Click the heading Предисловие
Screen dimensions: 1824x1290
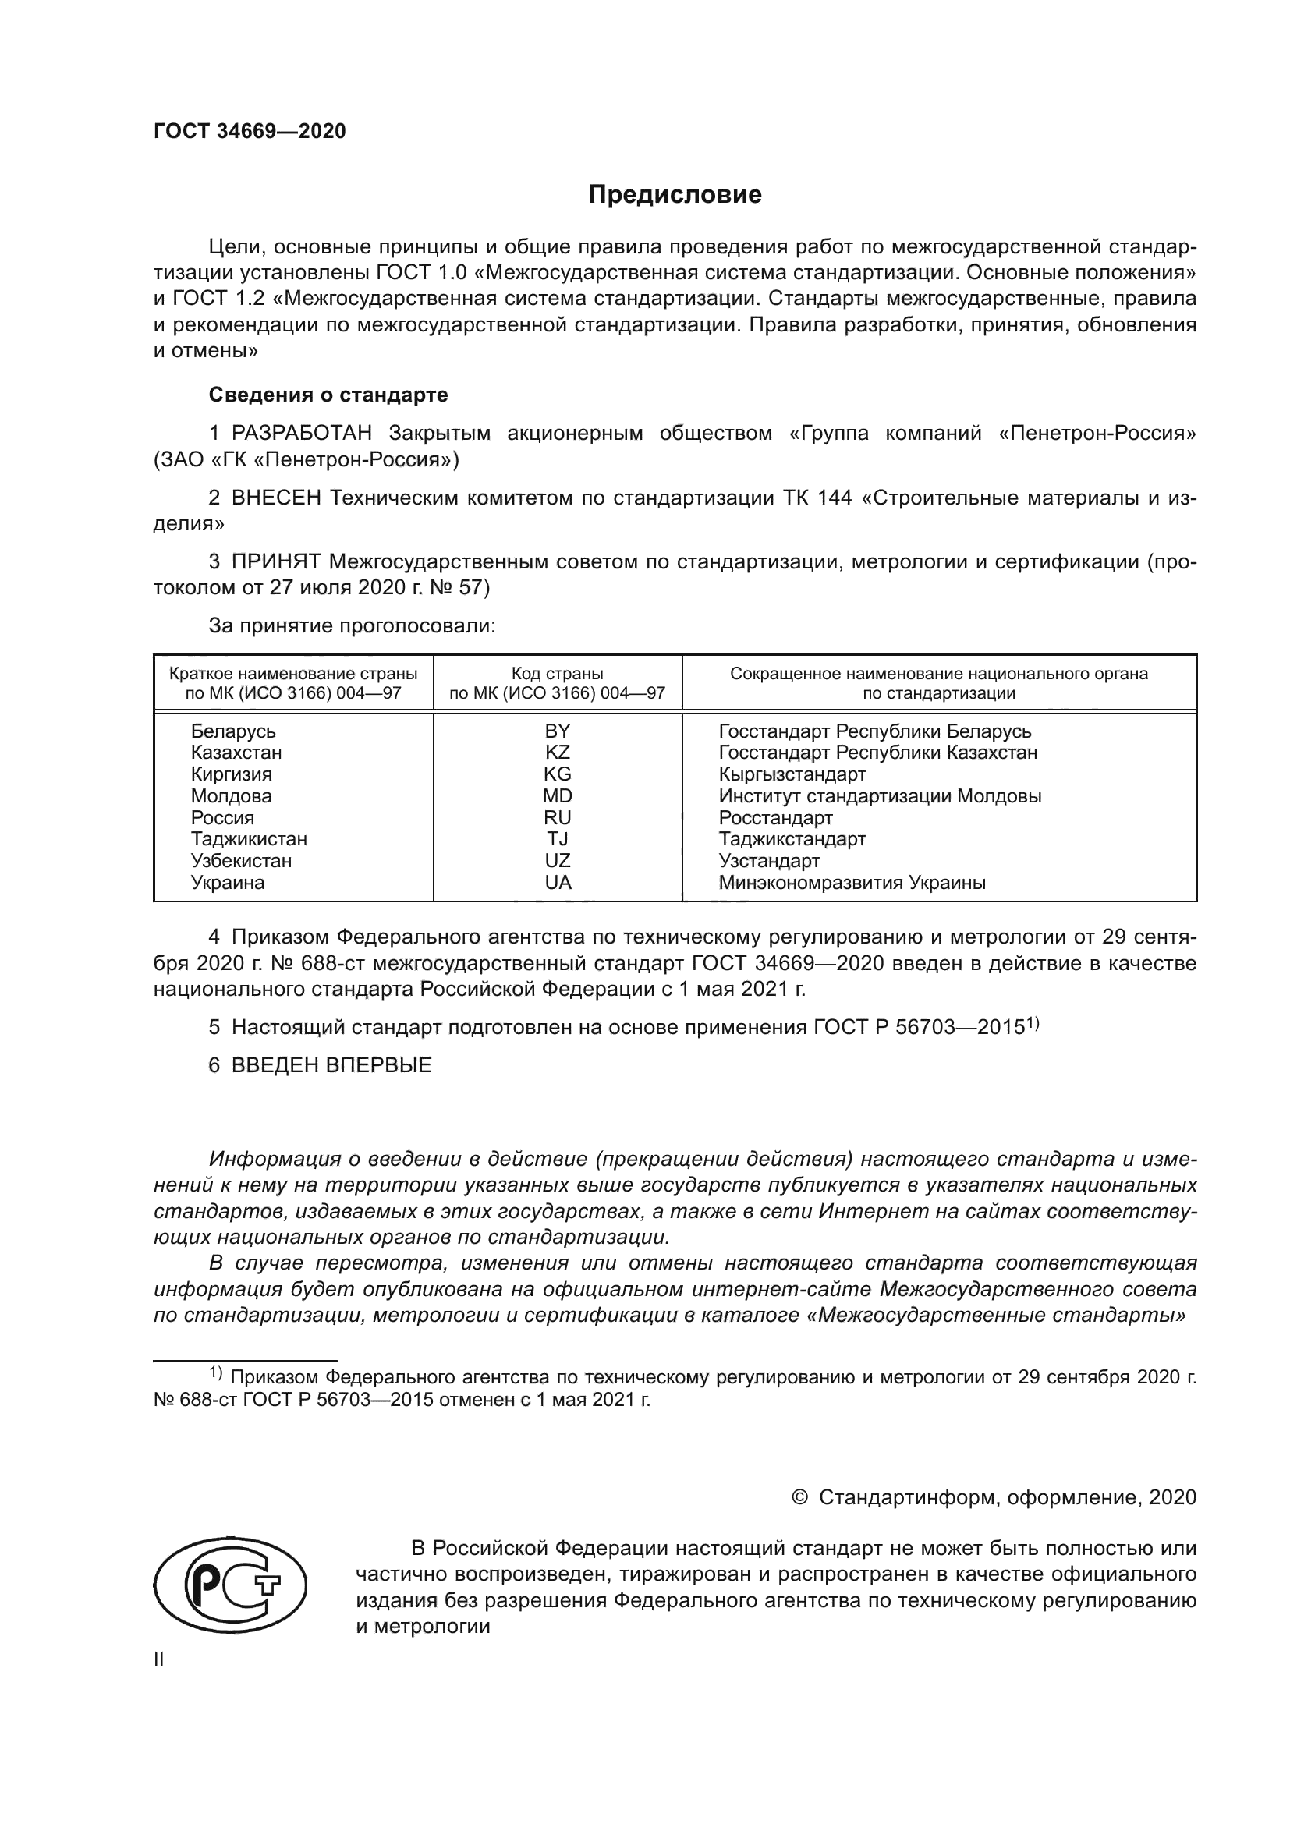675,195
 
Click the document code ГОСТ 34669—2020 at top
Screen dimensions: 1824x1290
250,131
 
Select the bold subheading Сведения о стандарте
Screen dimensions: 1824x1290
328,395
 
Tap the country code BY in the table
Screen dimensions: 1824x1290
558,731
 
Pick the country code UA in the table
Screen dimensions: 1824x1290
558,883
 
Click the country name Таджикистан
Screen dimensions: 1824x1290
249,839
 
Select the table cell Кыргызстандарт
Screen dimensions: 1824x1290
792,774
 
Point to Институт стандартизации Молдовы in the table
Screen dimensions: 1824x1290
879,796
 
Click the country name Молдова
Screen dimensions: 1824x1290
231,796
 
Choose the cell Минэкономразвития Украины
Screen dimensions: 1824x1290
852,883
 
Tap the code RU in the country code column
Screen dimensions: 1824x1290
558,817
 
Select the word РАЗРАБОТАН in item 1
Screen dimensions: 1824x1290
302,434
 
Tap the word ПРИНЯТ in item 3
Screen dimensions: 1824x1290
275,562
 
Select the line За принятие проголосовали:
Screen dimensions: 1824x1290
352,626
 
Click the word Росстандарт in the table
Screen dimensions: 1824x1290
775,817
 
